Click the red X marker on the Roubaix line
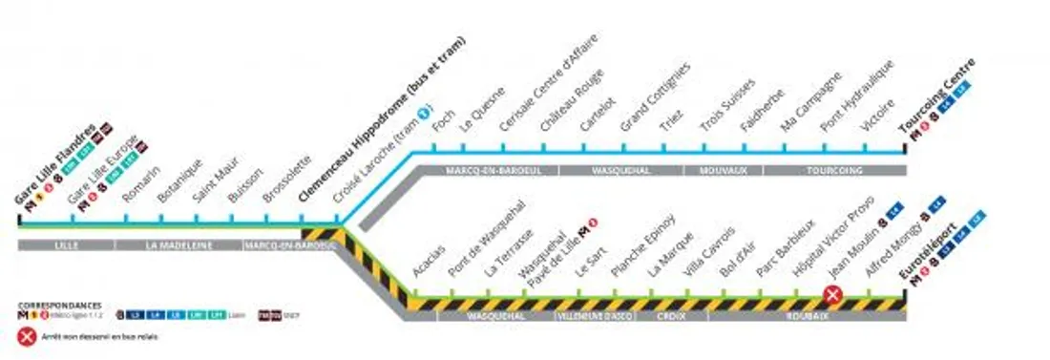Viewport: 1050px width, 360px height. coord(832,295)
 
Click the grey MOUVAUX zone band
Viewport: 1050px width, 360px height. coord(722,171)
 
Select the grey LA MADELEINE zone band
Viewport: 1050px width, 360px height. coord(178,245)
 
